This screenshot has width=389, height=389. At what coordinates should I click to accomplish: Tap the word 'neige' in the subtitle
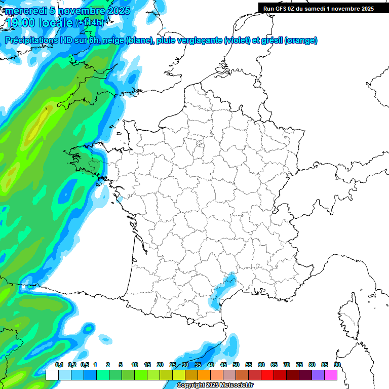point(113,41)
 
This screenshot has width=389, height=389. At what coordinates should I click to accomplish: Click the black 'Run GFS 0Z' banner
point(319,8)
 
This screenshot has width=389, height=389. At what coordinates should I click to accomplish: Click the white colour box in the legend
point(52,375)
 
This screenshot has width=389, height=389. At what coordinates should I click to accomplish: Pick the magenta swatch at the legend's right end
point(331,375)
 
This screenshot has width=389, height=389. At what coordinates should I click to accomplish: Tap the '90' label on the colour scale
point(337,365)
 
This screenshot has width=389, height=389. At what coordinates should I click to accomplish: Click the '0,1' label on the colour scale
point(59,365)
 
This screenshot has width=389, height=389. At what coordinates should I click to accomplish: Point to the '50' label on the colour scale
point(236,365)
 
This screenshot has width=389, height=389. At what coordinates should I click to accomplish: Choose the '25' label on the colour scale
point(173,365)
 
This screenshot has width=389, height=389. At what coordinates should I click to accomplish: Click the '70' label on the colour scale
point(287,365)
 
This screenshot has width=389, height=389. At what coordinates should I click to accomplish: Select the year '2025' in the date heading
point(119,11)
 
